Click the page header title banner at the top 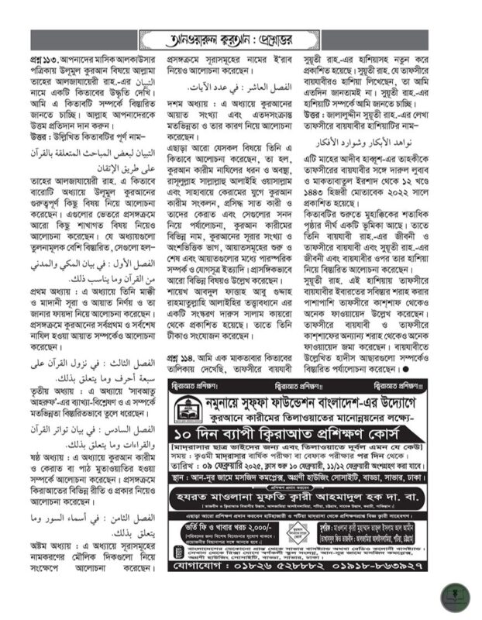(241, 36)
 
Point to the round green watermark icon (449, 596)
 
